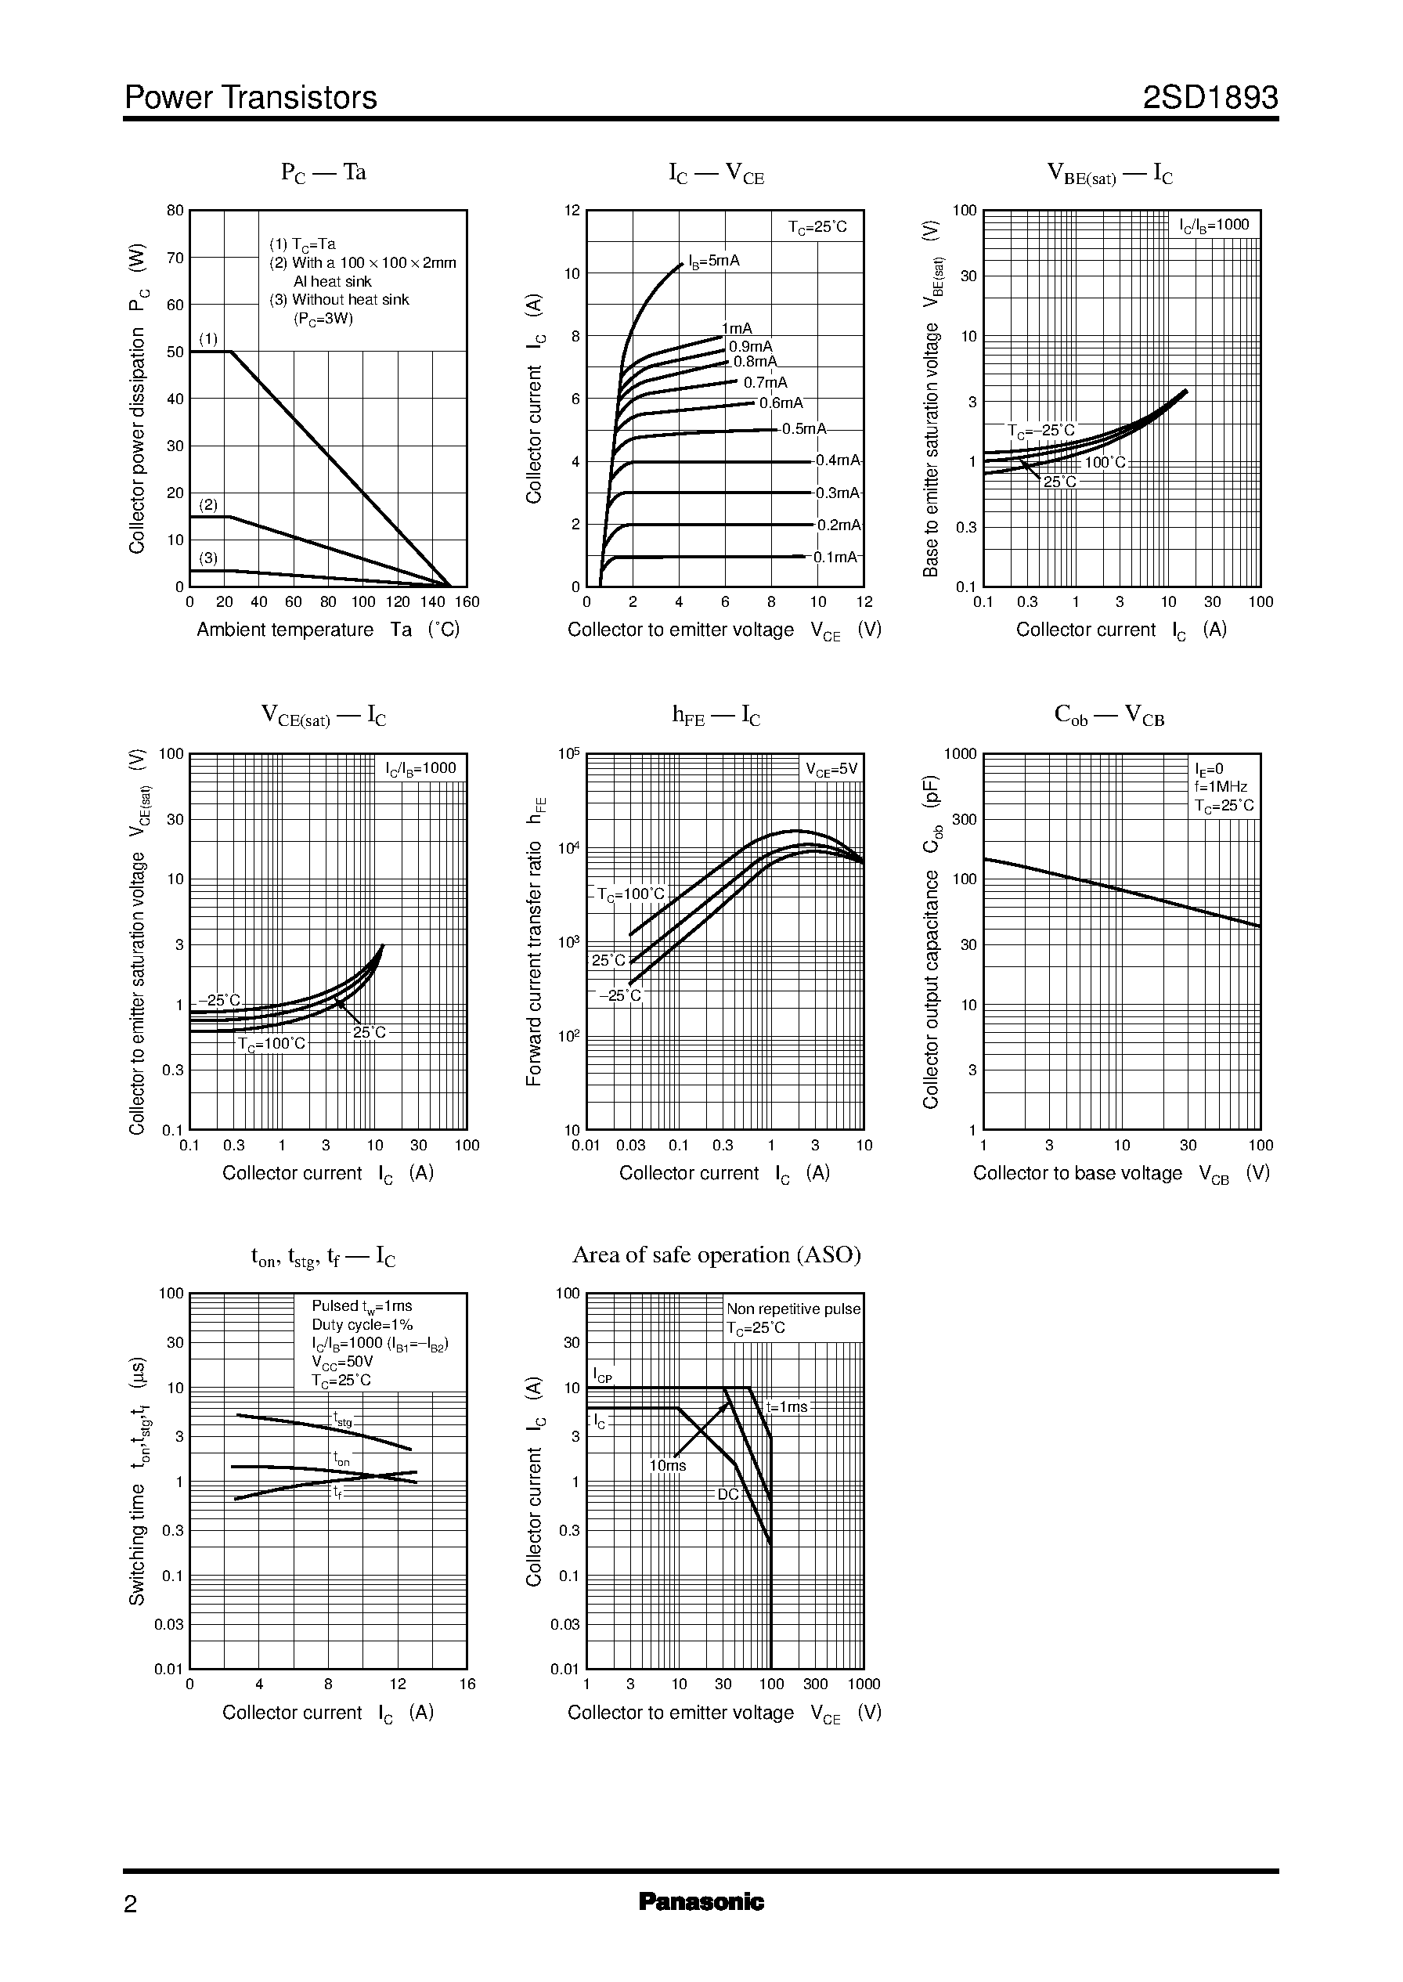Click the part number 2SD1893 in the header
point(1210,98)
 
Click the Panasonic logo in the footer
point(701,1901)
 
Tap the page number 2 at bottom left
point(131,1904)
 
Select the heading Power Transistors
point(251,98)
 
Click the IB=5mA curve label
point(713,261)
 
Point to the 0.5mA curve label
point(803,429)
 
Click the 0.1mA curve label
point(835,558)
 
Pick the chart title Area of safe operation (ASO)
point(716,1255)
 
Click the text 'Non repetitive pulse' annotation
point(793,1309)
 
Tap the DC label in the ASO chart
point(728,1494)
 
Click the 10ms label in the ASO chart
point(668,1465)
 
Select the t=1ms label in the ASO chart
point(787,1406)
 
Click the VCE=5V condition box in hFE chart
point(831,769)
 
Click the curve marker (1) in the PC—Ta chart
point(208,338)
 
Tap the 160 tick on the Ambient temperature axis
point(467,602)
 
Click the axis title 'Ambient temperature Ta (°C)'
point(328,630)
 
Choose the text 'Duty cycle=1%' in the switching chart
point(362,1324)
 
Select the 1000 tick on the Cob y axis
point(960,753)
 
